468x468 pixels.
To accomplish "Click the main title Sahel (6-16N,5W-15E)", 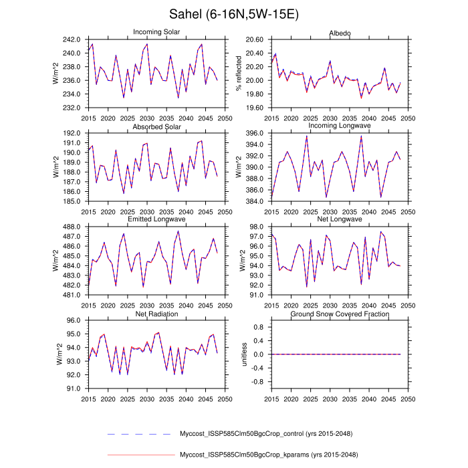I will tap(233, 15).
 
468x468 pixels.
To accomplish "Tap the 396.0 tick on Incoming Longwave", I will tap(253, 133).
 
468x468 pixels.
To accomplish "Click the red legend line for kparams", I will tap(140, 456).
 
